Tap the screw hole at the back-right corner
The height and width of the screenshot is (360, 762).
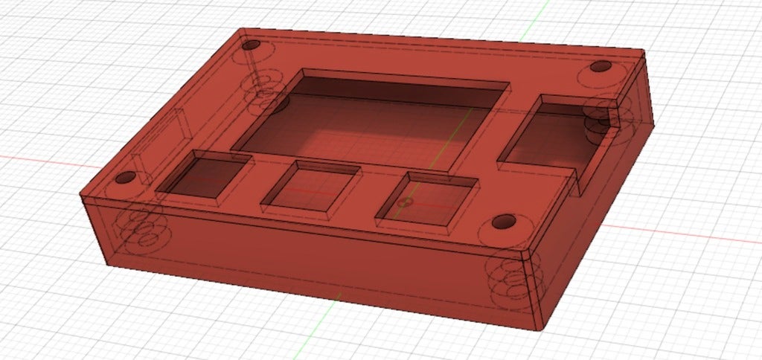[600, 67]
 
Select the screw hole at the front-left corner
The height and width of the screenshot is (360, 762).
[124, 179]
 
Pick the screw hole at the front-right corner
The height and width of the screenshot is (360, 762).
[504, 222]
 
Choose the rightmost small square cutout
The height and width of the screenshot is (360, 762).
[426, 198]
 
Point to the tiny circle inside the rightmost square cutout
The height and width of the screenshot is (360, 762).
[406, 202]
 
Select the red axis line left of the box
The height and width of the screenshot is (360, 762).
[37, 158]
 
